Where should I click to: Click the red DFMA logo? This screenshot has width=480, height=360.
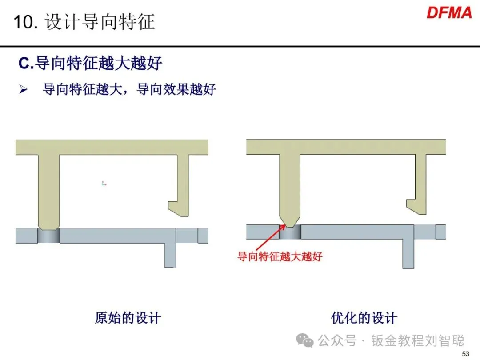[449, 12]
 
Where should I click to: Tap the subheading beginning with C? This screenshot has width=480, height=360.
[90, 64]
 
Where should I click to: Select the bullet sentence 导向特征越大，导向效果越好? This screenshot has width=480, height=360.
[129, 90]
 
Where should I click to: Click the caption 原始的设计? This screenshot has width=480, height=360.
[128, 318]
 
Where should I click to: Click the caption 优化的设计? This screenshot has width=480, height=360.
[364, 318]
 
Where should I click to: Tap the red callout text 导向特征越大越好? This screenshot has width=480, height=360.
[280, 256]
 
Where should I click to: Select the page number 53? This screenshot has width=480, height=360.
[466, 354]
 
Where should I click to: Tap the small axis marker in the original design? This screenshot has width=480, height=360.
[104, 183]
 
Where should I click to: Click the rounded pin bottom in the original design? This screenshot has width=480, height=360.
[49, 225]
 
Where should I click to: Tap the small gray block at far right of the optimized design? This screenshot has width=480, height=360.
[440, 232]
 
